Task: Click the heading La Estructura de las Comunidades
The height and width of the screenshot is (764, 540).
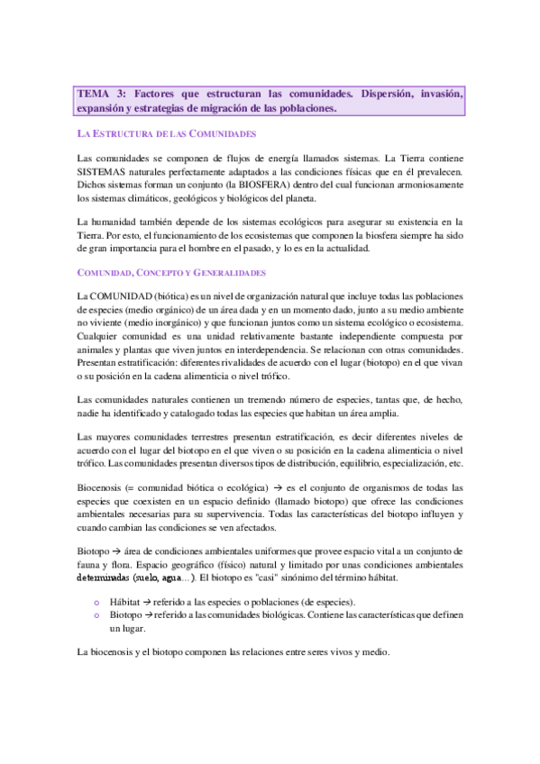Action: [x=167, y=133]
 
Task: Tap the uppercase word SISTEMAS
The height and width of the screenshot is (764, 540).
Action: [x=105, y=170]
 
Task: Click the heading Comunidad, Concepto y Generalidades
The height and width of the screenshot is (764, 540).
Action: [x=171, y=272]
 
